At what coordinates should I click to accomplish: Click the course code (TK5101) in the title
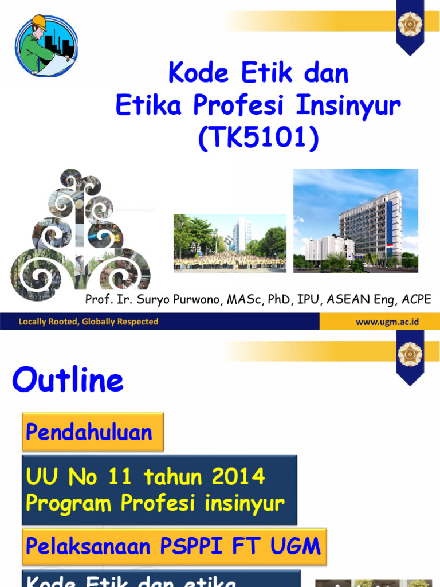pos(258,139)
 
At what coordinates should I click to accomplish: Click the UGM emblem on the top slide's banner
pos(410,24)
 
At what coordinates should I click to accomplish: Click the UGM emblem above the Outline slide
pos(410,354)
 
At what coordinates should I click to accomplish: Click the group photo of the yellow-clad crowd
pos(230,242)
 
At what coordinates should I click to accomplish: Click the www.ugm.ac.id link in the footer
pos(387,322)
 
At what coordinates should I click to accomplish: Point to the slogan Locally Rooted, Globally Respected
pos(88,322)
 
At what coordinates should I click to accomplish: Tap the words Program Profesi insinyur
pos(155,503)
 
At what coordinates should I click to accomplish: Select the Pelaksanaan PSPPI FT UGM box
pos(174,546)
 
